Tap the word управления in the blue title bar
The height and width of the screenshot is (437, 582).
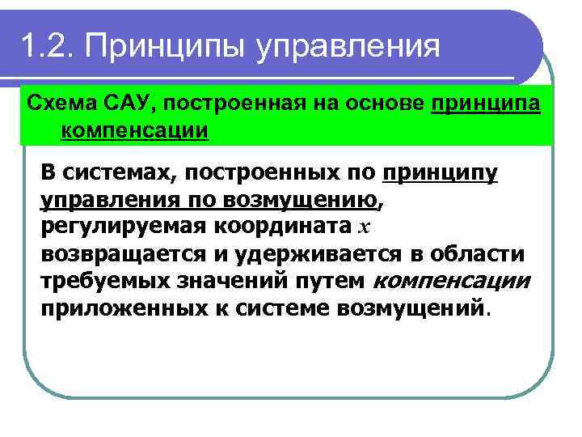pyautogui.click(x=348, y=45)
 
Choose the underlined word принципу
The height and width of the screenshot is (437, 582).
pyautogui.click(x=441, y=173)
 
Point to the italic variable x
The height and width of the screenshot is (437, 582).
pyautogui.click(x=363, y=227)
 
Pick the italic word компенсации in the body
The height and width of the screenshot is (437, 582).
pyautogui.click(x=452, y=281)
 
